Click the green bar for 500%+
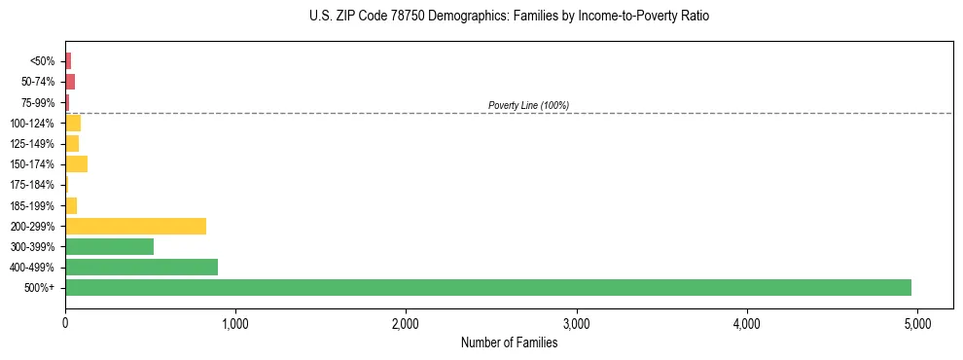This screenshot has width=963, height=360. [487, 287]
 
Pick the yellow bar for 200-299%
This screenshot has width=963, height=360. [135, 226]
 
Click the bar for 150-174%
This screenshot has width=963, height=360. [76, 164]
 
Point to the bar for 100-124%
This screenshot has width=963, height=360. [73, 124]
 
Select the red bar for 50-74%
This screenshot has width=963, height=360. [70, 82]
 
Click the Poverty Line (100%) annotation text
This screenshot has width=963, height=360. [528, 105]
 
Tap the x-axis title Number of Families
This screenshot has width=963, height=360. [510, 342]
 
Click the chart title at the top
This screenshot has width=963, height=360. [510, 17]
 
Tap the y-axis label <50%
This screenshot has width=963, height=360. [43, 61]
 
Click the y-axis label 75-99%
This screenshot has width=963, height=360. [39, 102]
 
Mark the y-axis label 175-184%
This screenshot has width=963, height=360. [34, 185]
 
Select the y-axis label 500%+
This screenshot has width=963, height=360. [41, 288]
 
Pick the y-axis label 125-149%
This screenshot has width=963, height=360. [34, 144]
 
